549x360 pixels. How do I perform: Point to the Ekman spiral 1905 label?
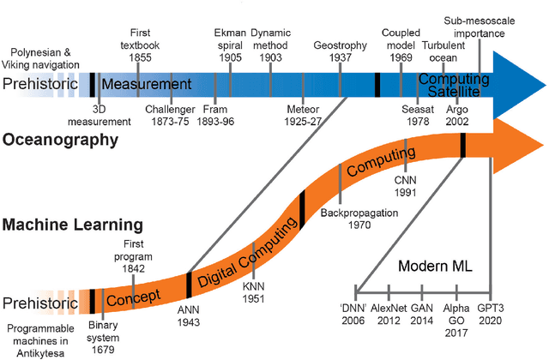pos(229,39)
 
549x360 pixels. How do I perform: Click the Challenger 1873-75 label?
pos(171,116)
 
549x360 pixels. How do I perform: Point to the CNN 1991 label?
pos(406,187)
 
